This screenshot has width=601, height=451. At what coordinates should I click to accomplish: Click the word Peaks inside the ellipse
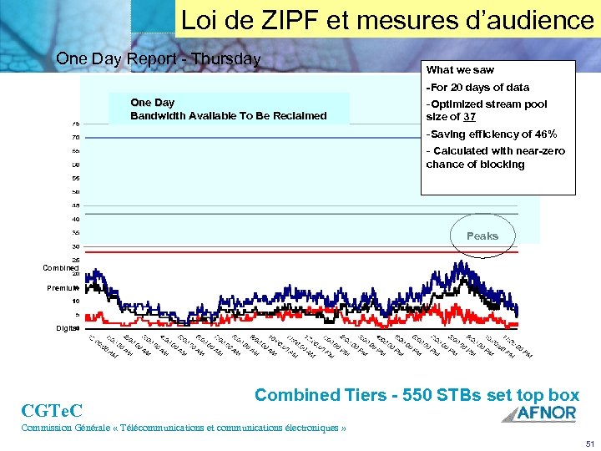[482, 236]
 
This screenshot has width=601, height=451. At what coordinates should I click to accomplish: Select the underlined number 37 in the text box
[470, 117]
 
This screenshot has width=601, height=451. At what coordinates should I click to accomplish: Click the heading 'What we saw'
[460, 70]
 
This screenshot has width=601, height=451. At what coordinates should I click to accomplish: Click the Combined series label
[61, 268]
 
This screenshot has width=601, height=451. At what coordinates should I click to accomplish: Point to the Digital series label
[67, 328]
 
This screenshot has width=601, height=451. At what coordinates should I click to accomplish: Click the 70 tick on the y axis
[75, 138]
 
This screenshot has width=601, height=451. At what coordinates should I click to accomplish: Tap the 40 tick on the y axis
[75, 219]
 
